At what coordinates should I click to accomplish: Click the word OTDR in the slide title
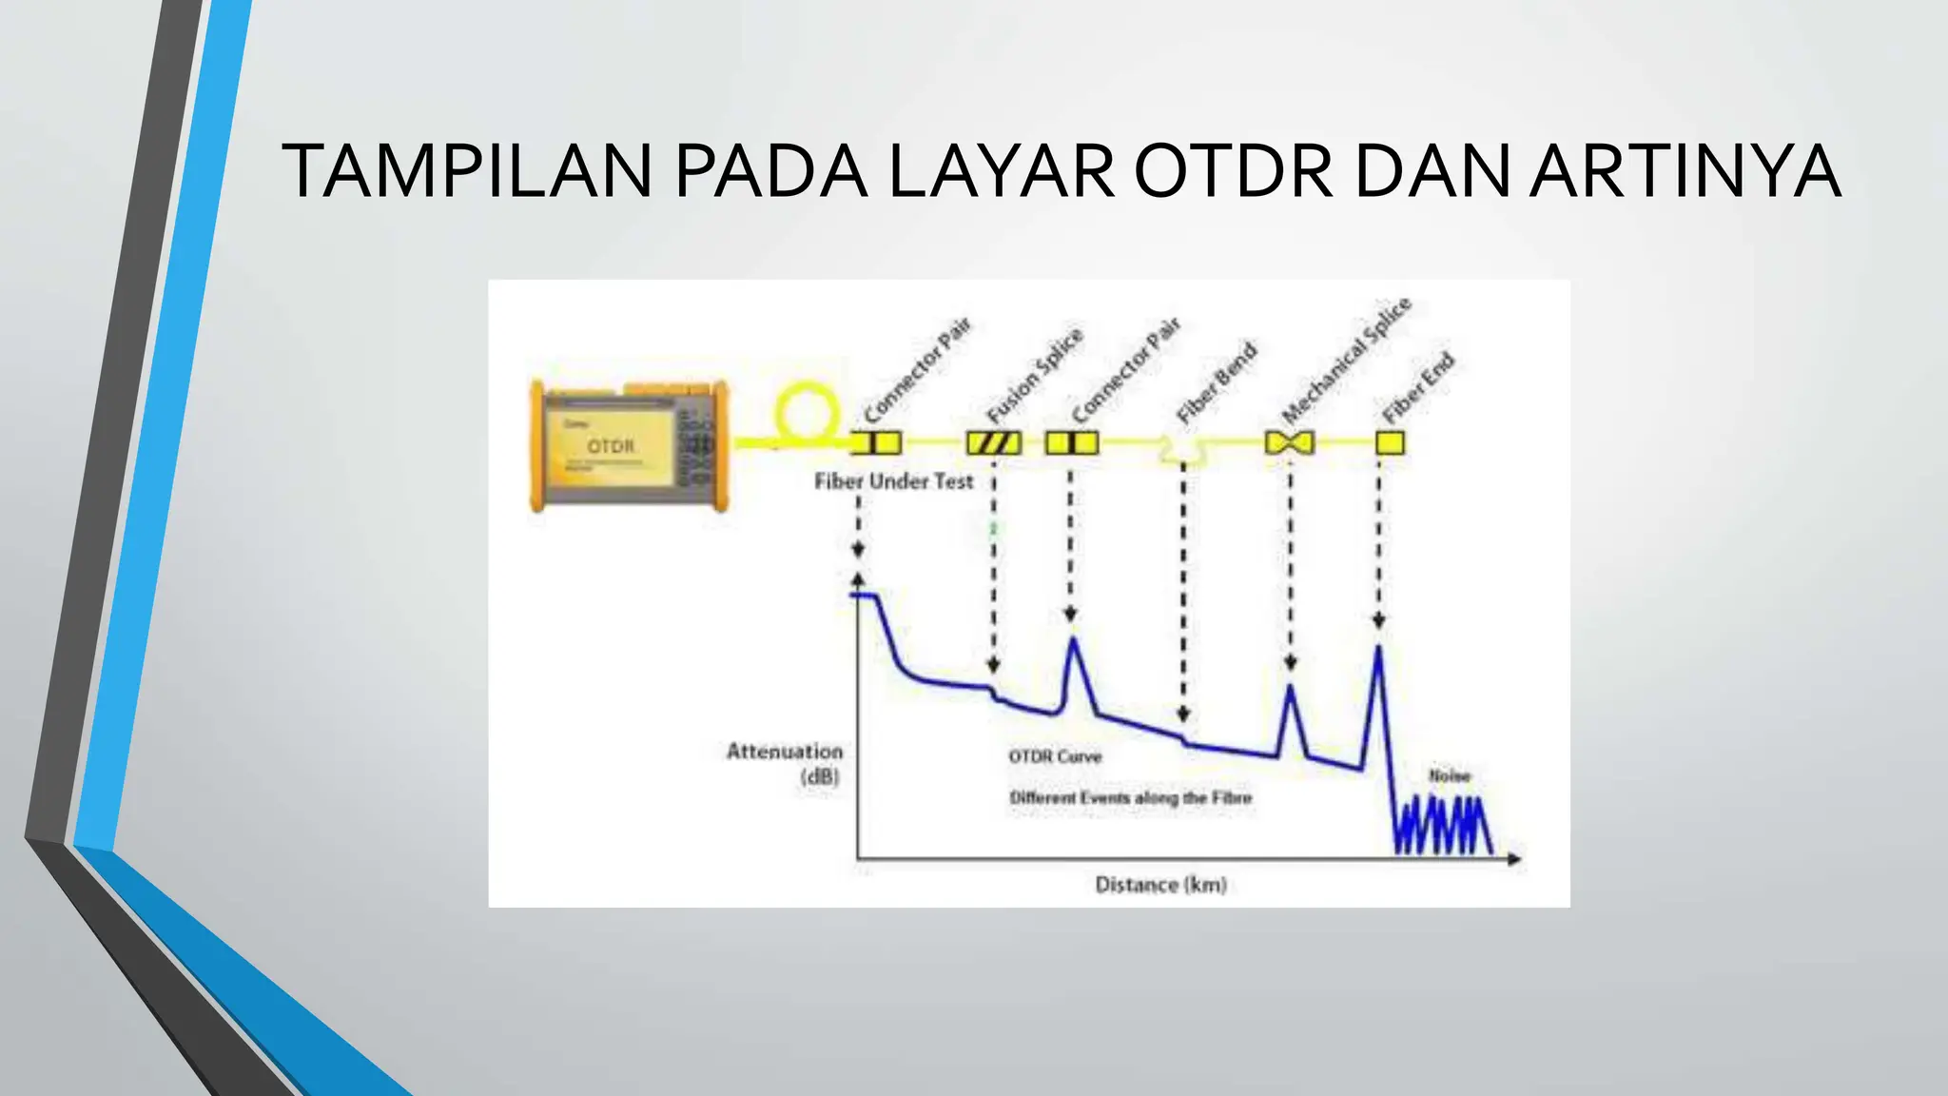point(1234,172)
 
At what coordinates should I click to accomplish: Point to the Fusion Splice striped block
point(994,443)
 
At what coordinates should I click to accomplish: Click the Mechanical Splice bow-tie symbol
point(1290,443)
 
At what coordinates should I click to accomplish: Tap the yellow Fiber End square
point(1390,443)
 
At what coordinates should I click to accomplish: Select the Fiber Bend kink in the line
point(1182,448)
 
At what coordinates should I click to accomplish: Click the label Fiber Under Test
point(893,481)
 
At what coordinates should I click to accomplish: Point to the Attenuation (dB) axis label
point(785,763)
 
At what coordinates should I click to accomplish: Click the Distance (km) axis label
point(1160,885)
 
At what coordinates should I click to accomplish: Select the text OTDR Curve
point(1055,756)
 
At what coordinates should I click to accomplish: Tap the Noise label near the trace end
point(1450,776)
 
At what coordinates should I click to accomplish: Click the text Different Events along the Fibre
point(1130,797)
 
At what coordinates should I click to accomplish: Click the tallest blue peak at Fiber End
point(1378,652)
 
